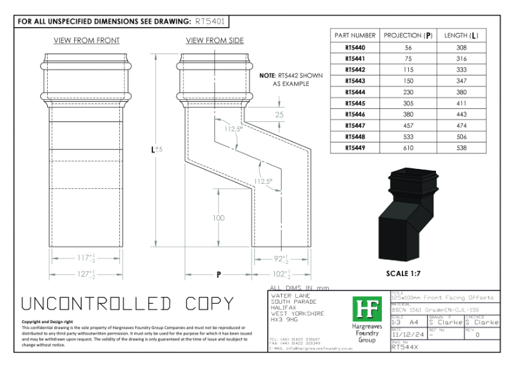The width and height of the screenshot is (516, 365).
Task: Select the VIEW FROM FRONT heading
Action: tap(86, 41)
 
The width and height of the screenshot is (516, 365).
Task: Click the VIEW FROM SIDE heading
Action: tap(215, 41)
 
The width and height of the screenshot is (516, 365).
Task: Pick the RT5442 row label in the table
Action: tap(355, 69)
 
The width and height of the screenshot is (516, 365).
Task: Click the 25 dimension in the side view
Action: tap(279, 114)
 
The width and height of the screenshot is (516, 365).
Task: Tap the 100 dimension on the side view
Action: tap(219, 218)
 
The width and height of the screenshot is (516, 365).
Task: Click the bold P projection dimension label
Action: tap(219, 275)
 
